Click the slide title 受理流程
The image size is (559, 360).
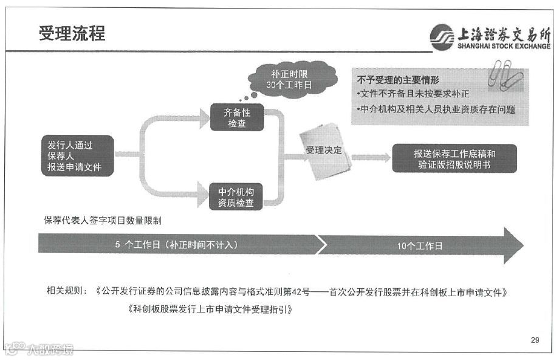[72, 33]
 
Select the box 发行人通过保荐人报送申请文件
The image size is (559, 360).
[77, 156]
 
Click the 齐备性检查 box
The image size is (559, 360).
[236, 117]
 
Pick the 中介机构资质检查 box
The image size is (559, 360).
[236, 196]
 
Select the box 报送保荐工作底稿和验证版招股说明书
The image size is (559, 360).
[454, 159]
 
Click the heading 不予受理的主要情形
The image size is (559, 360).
[399, 80]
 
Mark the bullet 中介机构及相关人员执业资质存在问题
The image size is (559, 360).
[436, 110]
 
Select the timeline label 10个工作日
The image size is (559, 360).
[420, 246]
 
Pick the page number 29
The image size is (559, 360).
[535, 340]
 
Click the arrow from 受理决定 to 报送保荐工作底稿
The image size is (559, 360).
[370, 157]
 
